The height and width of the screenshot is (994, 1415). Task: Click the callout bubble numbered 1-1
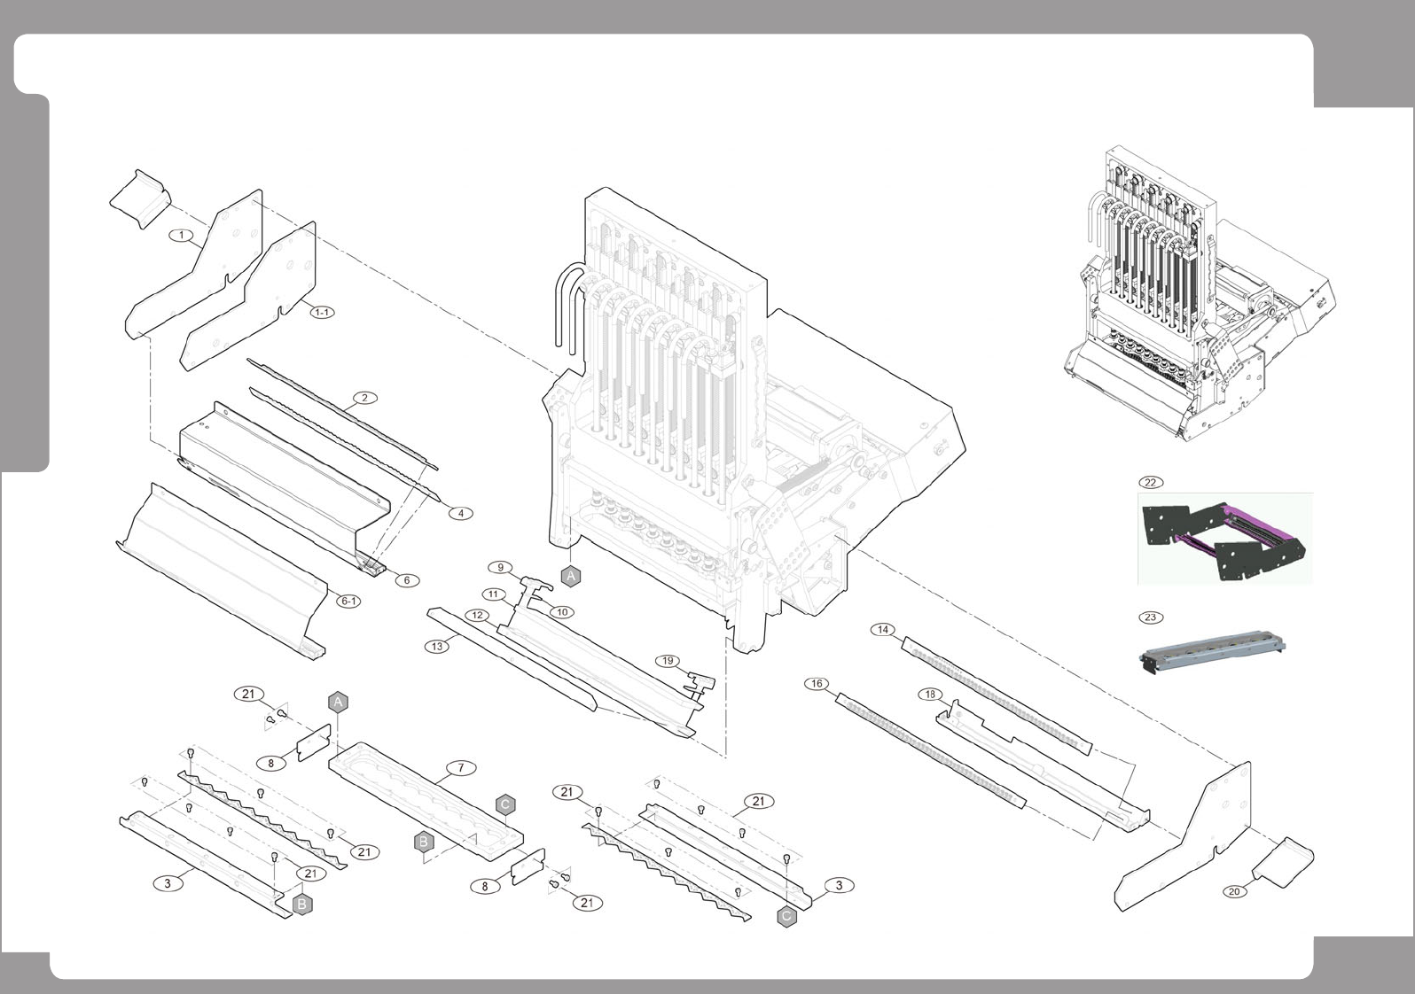[x=322, y=312]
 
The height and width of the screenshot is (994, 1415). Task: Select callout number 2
[x=364, y=398]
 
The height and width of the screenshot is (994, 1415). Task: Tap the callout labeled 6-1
[x=349, y=601]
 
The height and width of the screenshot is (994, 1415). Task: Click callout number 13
[x=437, y=647]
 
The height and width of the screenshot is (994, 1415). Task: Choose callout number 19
[x=668, y=660]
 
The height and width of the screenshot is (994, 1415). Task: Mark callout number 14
[x=883, y=630]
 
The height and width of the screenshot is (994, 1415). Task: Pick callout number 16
[x=817, y=684]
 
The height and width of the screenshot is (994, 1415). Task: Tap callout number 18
[x=930, y=695]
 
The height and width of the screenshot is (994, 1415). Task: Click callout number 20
[x=1234, y=891]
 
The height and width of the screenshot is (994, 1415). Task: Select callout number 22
[x=1150, y=483]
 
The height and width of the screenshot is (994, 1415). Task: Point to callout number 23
[x=1150, y=617]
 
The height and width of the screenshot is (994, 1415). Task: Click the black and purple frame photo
[x=1224, y=540]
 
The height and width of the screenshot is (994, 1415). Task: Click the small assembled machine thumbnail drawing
[x=1197, y=297]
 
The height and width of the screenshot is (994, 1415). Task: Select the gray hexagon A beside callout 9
[x=572, y=576]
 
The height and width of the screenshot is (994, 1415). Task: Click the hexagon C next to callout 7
[x=504, y=804]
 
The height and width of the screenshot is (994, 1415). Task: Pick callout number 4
[x=460, y=513]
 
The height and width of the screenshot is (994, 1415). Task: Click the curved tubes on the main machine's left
[x=566, y=306]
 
